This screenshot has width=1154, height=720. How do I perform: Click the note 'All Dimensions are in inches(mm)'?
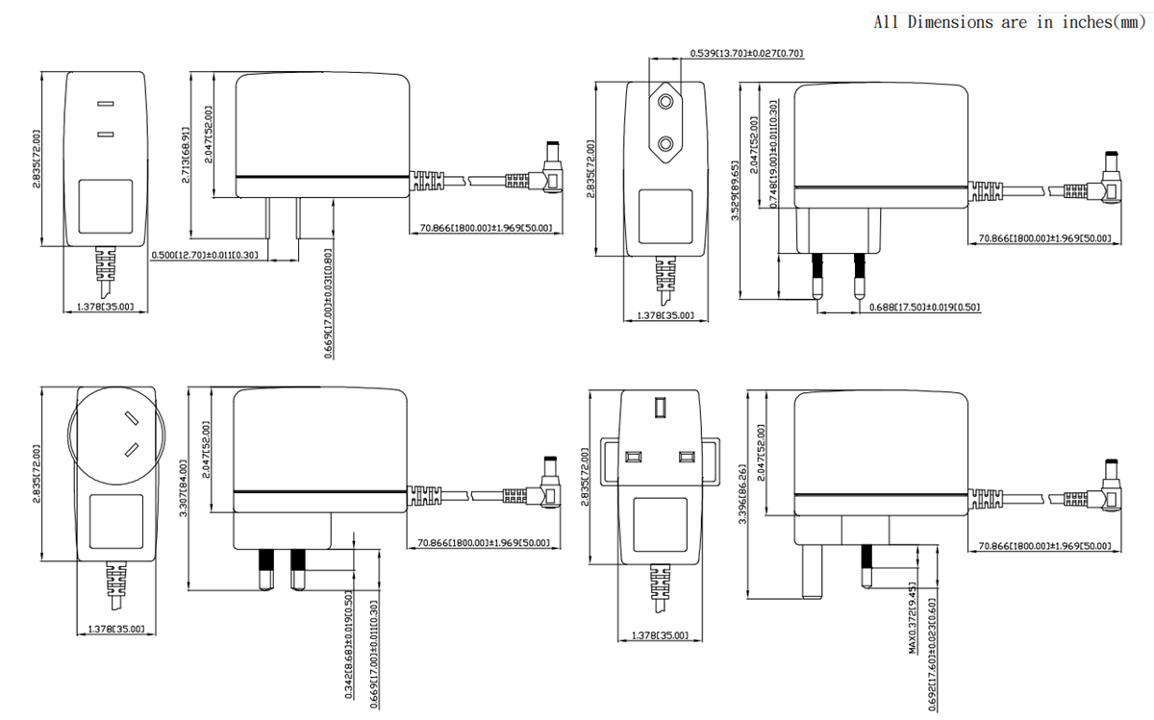(1008, 22)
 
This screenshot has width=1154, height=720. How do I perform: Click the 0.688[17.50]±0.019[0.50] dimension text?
(924, 307)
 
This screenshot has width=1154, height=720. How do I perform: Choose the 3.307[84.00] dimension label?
(184, 488)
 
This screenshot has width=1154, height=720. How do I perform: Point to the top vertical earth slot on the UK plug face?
(659, 409)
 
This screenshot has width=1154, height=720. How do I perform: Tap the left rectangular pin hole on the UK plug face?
(633, 457)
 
